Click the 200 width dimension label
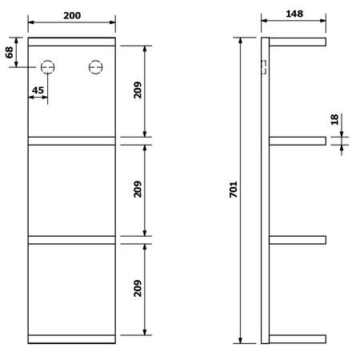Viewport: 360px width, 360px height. [71, 15]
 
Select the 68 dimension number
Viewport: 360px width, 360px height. [10, 52]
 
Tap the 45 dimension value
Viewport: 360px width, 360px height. [37, 90]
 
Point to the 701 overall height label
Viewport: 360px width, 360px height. [234, 190]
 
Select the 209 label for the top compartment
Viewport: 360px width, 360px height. [138, 92]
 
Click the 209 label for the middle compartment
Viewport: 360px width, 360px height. [138, 190]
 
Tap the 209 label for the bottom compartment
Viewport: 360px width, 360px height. [138, 288]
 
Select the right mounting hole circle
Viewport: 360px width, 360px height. [97, 68]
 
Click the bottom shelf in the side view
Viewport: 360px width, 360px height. [298, 338]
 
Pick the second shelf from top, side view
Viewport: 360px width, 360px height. [298, 141]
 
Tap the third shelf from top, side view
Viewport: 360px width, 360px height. [298, 238]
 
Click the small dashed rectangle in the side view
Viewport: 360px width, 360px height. [262, 68]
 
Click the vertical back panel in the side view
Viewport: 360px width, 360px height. [265, 190]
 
